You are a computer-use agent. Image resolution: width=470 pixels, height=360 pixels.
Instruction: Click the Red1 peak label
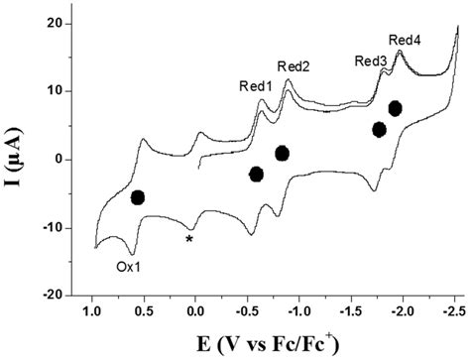(x=256, y=86)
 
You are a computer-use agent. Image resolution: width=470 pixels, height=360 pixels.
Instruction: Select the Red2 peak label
(x=294, y=67)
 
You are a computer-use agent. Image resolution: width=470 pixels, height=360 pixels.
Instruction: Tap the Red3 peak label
(x=371, y=61)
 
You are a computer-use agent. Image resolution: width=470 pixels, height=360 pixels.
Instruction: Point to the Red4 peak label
(x=405, y=41)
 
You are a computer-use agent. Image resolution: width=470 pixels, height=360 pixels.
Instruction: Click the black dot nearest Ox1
(x=138, y=197)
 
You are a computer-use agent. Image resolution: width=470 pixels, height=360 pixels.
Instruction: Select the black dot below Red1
(x=257, y=175)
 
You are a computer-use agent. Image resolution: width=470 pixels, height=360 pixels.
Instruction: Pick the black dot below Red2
(x=282, y=153)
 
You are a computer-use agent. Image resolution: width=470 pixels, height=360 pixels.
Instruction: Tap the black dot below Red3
(x=379, y=130)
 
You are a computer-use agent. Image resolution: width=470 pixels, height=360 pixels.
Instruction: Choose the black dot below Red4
(x=396, y=108)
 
